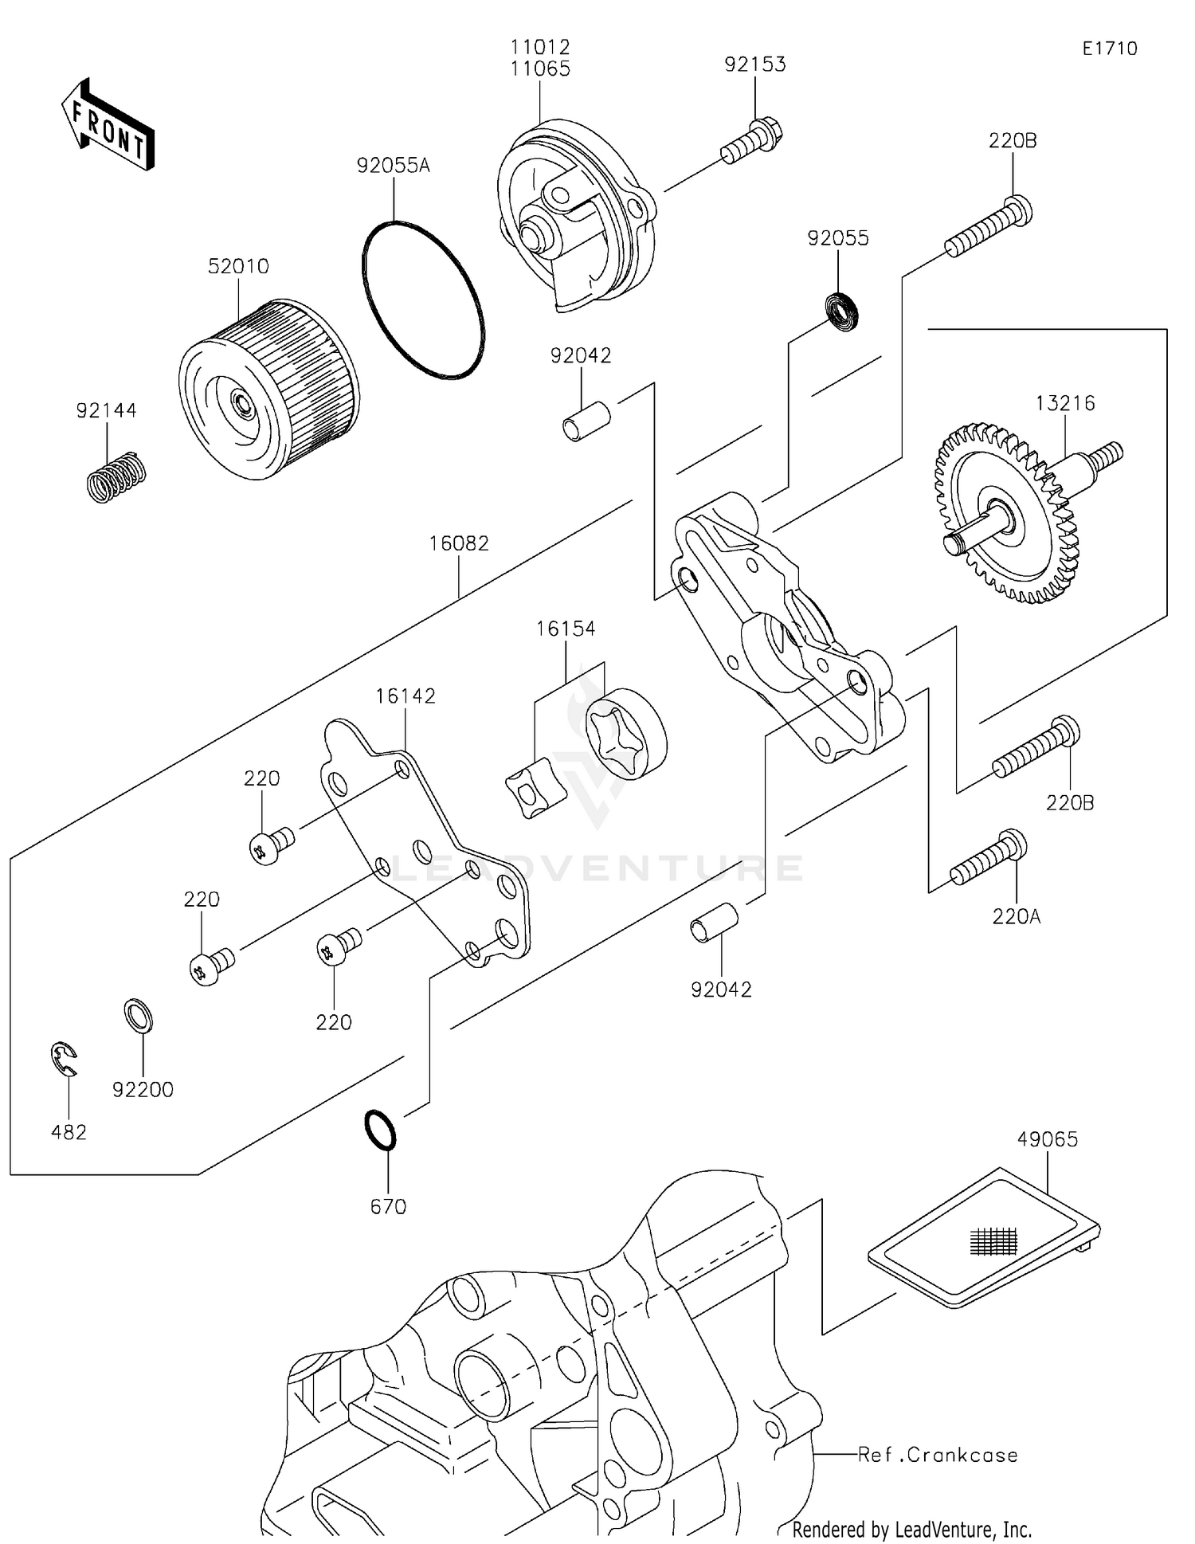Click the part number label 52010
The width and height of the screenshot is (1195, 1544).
(238, 266)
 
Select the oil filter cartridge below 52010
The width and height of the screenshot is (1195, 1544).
(268, 390)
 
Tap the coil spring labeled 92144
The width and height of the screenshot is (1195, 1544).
(116, 476)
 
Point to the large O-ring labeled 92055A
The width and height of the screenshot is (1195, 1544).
(423, 300)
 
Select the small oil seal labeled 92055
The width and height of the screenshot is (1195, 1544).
(841, 312)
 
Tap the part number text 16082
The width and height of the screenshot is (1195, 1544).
(459, 543)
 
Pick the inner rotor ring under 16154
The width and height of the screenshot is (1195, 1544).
(626, 738)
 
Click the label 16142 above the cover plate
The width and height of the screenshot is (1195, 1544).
(406, 696)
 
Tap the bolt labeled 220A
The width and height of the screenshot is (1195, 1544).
(989, 859)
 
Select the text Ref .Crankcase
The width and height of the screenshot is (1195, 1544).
(938, 1455)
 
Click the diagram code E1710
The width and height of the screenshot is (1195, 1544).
(1109, 49)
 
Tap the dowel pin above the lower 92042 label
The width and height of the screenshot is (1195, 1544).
(714, 923)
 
